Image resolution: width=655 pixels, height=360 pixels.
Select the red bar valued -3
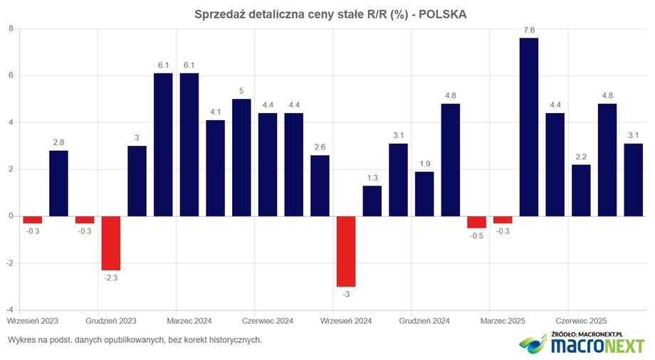pyautogui.click(x=346, y=251)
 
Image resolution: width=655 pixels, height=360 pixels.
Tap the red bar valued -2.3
pyautogui.click(x=111, y=243)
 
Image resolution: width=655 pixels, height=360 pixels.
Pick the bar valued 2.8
pyautogui.click(x=58, y=183)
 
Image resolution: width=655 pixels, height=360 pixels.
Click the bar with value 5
pyautogui.click(x=241, y=157)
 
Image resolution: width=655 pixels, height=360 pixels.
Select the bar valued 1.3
pyautogui.click(x=372, y=201)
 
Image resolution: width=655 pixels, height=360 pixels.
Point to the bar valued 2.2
pyautogui.click(x=581, y=190)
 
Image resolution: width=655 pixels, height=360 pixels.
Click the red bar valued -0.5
pyautogui.click(x=476, y=222)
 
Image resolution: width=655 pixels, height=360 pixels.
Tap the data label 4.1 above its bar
pyautogui.click(x=215, y=112)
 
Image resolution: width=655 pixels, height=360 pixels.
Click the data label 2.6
pyautogui.click(x=320, y=147)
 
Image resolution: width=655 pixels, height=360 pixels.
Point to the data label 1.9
pyautogui.click(x=424, y=163)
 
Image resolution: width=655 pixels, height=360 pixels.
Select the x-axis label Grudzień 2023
pyautogui.click(x=111, y=321)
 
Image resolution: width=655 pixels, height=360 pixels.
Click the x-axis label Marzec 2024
pyautogui.click(x=189, y=321)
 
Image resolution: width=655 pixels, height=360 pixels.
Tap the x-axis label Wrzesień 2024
pyautogui.click(x=346, y=321)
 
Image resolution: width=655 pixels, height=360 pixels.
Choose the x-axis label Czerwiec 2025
pyautogui.click(x=581, y=321)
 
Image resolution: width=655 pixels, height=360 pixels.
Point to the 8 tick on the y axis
pyautogui.click(x=11, y=28)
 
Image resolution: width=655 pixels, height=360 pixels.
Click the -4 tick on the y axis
pyautogui.click(x=9, y=310)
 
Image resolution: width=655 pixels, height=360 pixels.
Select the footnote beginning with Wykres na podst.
pyautogui.click(x=135, y=340)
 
